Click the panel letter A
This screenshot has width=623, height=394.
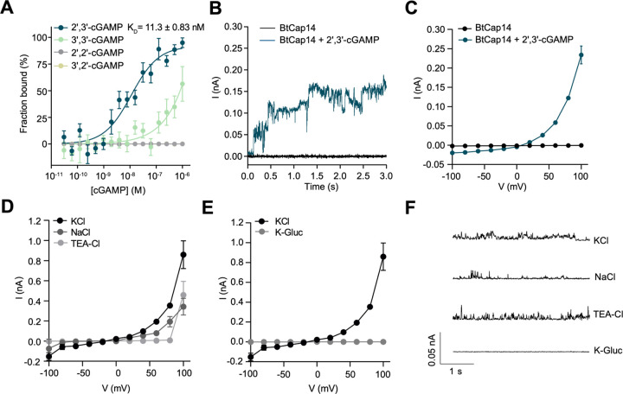click(x=7, y=8)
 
